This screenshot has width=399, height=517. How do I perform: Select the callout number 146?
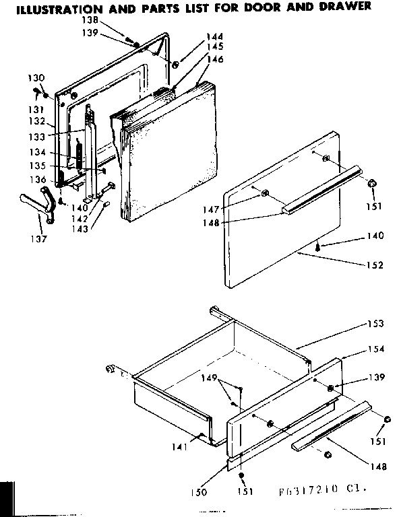215,59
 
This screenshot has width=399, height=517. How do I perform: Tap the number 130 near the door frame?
37,78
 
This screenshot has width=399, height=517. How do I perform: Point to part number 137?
38,239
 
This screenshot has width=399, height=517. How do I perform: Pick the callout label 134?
38,152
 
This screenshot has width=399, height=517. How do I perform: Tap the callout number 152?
375,264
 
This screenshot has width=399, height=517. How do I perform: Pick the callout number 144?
215,36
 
